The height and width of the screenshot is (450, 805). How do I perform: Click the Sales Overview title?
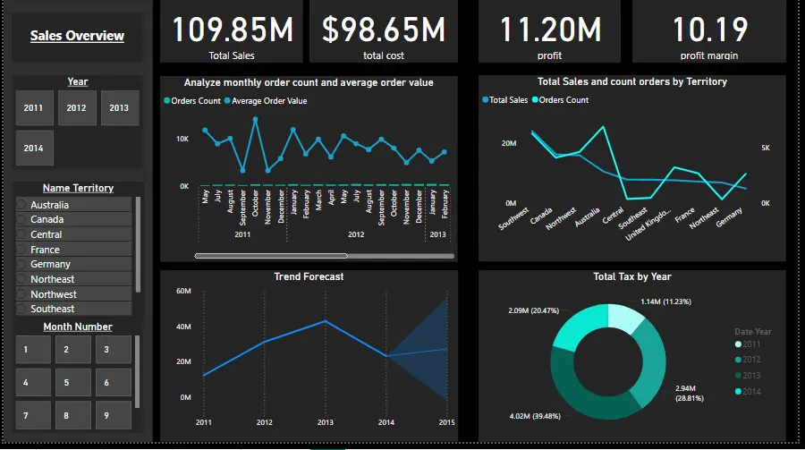click(77, 36)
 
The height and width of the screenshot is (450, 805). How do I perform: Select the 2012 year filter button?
click(77, 108)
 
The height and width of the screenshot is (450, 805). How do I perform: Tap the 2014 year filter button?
click(34, 149)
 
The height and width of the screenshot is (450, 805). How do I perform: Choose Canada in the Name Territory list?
click(47, 219)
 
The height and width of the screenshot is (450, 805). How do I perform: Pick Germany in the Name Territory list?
click(50, 264)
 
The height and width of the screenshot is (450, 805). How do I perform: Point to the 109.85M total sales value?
click(232, 30)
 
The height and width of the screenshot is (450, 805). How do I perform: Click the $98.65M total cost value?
click(383, 30)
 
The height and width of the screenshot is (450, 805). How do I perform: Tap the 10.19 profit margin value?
click(710, 30)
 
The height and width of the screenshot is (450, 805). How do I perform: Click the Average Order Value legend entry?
click(269, 101)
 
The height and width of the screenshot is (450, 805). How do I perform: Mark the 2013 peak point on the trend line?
click(326, 321)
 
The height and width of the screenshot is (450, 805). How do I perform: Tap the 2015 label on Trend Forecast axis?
click(446, 422)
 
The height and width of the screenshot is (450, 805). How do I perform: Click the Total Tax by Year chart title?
click(631, 276)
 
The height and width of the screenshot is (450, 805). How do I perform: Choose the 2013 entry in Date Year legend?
click(750, 376)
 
